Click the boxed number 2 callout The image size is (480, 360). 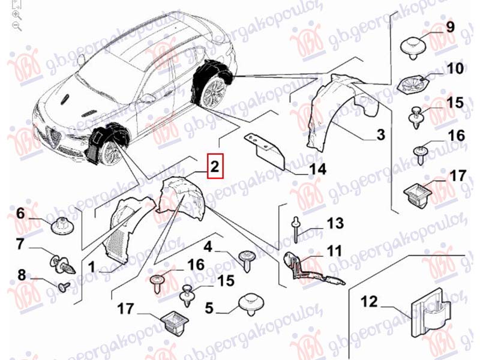[x=215, y=166]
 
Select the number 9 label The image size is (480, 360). [x=450, y=26]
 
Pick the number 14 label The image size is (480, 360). [x=317, y=170]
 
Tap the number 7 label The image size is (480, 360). [x=19, y=245]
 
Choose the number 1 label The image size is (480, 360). [x=91, y=265]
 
